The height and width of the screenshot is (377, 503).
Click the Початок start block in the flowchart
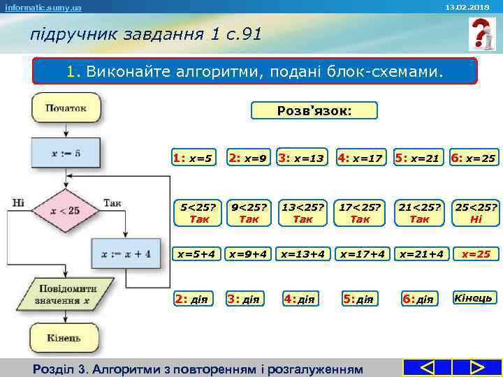(x=66, y=108)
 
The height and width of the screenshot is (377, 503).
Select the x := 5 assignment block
(x=66, y=153)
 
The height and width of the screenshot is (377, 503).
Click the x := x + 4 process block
(x=126, y=253)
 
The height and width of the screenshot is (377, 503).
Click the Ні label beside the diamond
(x=18, y=202)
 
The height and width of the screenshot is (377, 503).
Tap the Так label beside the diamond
(x=112, y=202)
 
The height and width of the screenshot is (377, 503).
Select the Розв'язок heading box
(x=314, y=110)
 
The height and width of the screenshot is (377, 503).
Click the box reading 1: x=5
(x=193, y=158)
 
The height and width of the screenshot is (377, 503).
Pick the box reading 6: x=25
(x=474, y=158)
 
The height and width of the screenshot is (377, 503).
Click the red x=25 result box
(x=475, y=254)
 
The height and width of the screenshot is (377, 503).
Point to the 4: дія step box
(x=299, y=299)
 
